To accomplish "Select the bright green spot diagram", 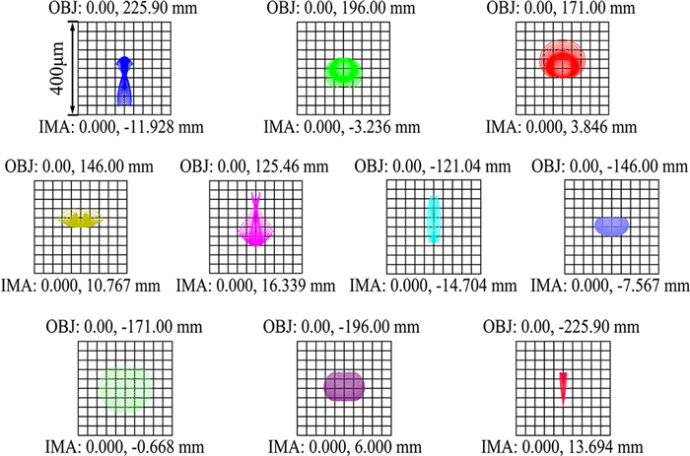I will pyautogui.click(x=345, y=71).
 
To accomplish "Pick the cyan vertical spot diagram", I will pyautogui.click(x=433, y=220).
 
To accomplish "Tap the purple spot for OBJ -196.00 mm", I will pyautogui.click(x=344, y=385).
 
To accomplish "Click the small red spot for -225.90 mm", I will pyautogui.click(x=563, y=387).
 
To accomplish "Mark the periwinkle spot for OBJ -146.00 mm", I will pyautogui.click(x=611, y=226).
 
